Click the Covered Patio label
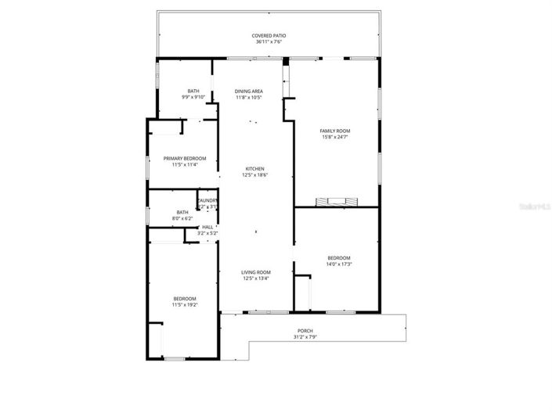tap(267, 36)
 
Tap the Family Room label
tap(334, 131)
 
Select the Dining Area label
tap(248, 92)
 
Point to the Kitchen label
tap(255, 169)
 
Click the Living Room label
tap(255, 272)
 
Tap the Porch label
tap(305, 331)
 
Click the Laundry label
tap(207, 201)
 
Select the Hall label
tap(207, 227)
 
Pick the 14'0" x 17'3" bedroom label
tap(339, 258)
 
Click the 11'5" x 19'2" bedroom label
tap(185, 298)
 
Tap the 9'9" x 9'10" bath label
tap(193, 92)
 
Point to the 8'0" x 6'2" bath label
tap(182, 212)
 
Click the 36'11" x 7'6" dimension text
tap(267, 42)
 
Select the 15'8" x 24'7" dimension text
tap(334, 137)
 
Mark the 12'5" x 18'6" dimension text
tap(255, 175)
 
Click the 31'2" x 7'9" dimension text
tap(305, 337)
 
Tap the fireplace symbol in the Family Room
tap(335, 202)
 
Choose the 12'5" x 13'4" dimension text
tap(255, 278)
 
